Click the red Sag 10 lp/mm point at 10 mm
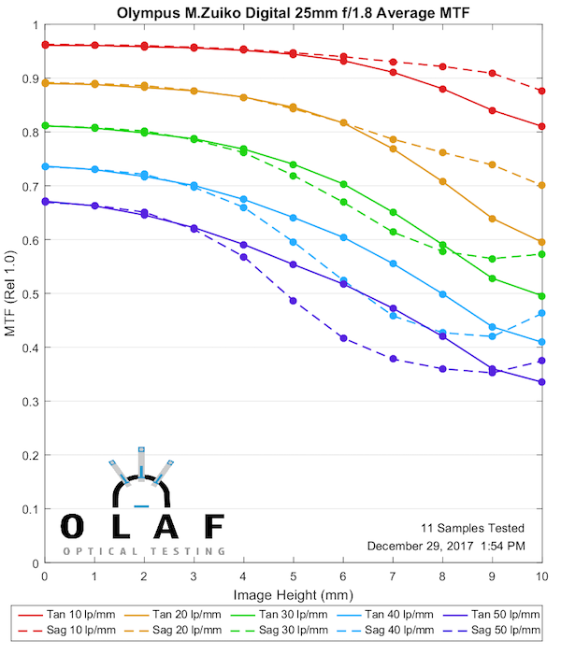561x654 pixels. [542, 91]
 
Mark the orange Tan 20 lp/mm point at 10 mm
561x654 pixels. [542, 242]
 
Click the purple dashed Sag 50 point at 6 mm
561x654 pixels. [343, 338]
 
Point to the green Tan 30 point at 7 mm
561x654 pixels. [393, 212]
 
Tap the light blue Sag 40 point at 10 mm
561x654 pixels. [542, 313]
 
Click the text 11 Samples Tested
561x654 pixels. [471, 528]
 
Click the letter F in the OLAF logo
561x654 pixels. [213, 525]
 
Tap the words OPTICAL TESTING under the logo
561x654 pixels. [144, 551]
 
